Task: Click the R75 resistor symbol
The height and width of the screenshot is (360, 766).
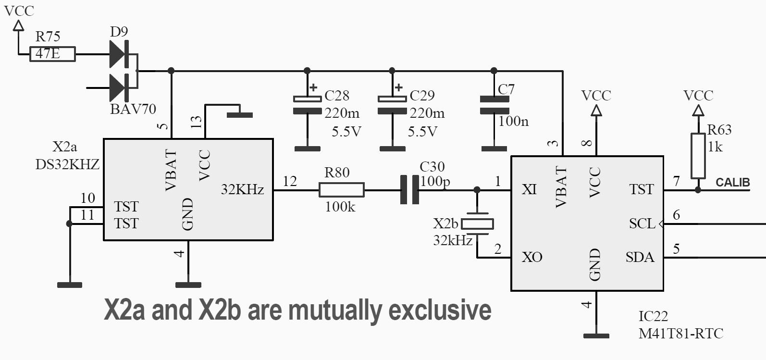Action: (x=52, y=54)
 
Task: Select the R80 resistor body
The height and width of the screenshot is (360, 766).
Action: (x=341, y=190)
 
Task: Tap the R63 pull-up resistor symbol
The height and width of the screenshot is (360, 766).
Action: (x=698, y=156)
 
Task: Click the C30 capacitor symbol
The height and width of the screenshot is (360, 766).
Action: (x=409, y=190)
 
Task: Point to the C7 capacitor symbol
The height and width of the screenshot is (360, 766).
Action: (x=494, y=105)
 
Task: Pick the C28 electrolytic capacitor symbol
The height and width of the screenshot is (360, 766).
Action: (x=307, y=105)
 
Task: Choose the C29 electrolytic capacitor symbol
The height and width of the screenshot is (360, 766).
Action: (x=392, y=105)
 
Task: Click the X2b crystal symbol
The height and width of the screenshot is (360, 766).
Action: (x=477, y=223)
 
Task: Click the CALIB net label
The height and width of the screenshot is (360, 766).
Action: (x=732, y=183)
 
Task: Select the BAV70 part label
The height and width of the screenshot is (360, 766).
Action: (x=133, y=109)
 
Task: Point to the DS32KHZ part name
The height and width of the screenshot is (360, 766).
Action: (x=67, y=164)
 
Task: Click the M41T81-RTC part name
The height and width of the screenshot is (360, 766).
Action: (x=680, y=333)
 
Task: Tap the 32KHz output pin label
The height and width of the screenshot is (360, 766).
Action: (x=242, y=190)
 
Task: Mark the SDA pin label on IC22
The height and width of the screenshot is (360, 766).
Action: (x=640, y=258)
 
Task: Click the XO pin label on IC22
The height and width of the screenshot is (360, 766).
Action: (x=532, y=258)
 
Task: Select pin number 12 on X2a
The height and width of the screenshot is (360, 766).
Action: (x=290, y=181)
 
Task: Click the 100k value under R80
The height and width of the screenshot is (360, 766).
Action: (x=340, y=207)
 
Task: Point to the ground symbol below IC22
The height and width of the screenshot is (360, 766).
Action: (x=596, y=335)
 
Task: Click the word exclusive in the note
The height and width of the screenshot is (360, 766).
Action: (x=439, y=310)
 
